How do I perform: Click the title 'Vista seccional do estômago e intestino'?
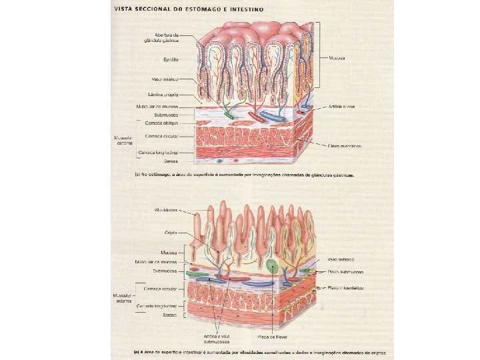tap(189, 9)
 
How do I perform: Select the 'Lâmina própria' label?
tap(163, 95)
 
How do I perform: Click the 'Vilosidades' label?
tap(165, 209)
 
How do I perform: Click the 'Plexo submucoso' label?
tap(345, 273)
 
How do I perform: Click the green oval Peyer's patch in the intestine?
tap(271, 267)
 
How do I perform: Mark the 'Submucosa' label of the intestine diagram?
tap(163, 271)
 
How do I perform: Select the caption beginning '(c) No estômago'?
tap(244, 175)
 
